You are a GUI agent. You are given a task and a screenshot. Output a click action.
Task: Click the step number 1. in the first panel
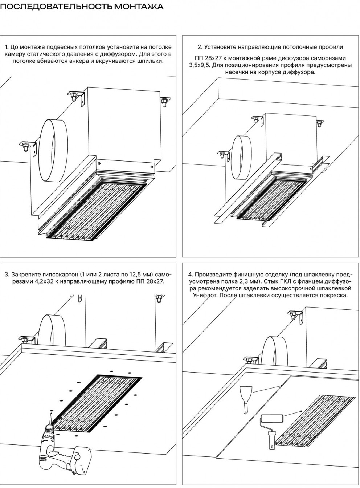[7, 47]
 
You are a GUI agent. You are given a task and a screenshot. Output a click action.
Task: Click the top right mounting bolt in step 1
[164, 101]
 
